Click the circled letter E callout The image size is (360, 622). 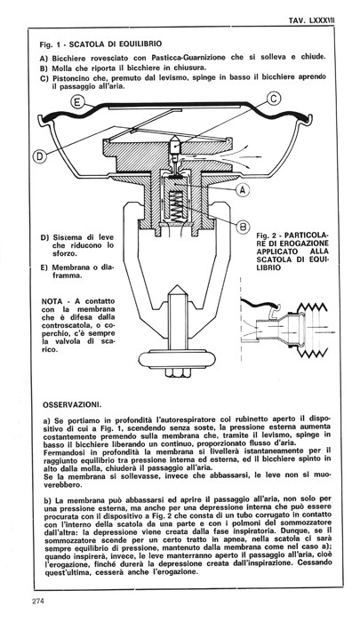(x=77, y=102)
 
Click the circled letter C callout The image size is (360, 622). (x=274, y=98)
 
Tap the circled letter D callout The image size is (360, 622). (x=40, y=155)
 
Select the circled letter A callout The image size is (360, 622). (x=244, y=190)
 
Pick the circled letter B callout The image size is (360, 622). (x=244, y=227)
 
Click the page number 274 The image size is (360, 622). (x=38, y=601)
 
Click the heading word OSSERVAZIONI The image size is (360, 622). (x=69, y=405)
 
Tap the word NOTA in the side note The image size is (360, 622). (x=52, y=301)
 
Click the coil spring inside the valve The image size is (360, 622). (x=175, y=207)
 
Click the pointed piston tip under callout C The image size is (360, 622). (x=174, y=144)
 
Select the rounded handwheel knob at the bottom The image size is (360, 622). (x=177, y=359)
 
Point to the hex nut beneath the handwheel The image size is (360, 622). (x=177, y=373)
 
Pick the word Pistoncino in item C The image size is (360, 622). (x=70, y=78)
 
